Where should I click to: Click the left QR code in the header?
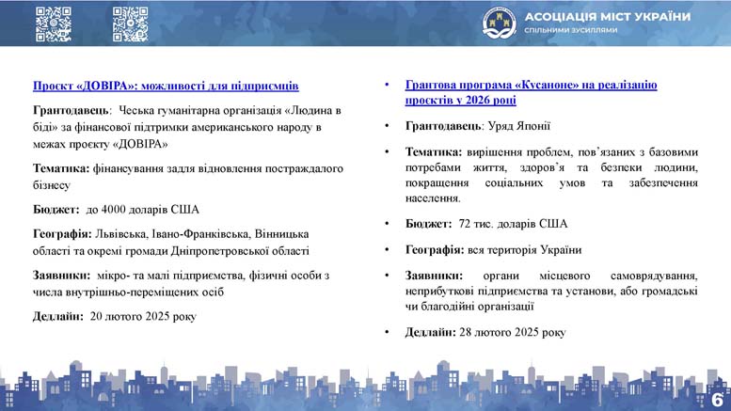54,24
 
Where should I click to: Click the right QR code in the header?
131,24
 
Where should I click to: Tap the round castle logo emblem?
500,24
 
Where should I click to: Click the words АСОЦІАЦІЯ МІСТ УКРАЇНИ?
608,17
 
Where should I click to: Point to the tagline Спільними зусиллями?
571,30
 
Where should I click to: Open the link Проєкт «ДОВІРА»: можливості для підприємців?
166,86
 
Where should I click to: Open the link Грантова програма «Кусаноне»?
531,85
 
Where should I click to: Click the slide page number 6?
717,400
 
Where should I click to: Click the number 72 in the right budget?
465,224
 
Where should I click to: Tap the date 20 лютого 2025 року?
143,316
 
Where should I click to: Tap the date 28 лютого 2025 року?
513,332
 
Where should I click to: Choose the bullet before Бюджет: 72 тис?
387,224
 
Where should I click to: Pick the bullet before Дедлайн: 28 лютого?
387,333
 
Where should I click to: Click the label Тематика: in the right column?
434,152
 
